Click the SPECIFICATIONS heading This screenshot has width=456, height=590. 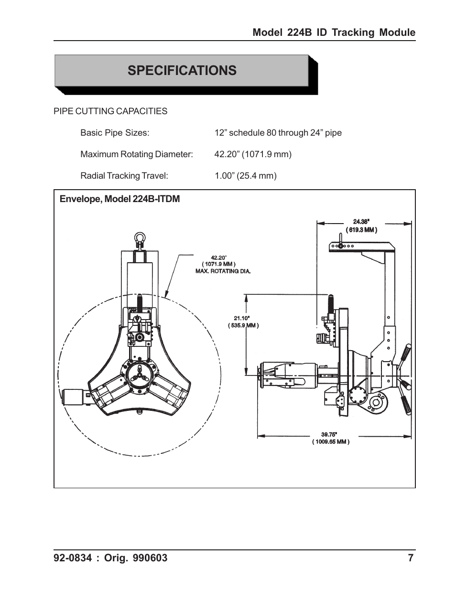point(182,71)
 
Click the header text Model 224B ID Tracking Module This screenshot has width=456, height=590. point(334,32)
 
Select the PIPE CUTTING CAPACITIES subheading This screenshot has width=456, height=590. point(110,111)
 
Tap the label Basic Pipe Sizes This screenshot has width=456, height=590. point(115,133)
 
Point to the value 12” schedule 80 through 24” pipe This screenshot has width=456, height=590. point(278,133)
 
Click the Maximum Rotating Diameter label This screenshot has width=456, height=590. point(136,154)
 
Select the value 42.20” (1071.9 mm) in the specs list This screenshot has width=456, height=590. point(253,154)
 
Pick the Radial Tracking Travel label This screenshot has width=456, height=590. point(124,176)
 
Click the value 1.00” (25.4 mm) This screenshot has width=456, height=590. point(245,176)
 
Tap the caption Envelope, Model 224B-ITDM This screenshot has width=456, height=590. point(119,199)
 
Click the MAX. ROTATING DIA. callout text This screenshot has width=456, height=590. point(223,271)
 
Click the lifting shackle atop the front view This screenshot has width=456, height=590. point(140,238)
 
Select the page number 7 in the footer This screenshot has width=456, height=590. point(411,558)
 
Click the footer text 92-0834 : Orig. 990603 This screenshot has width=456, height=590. point(110,558)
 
